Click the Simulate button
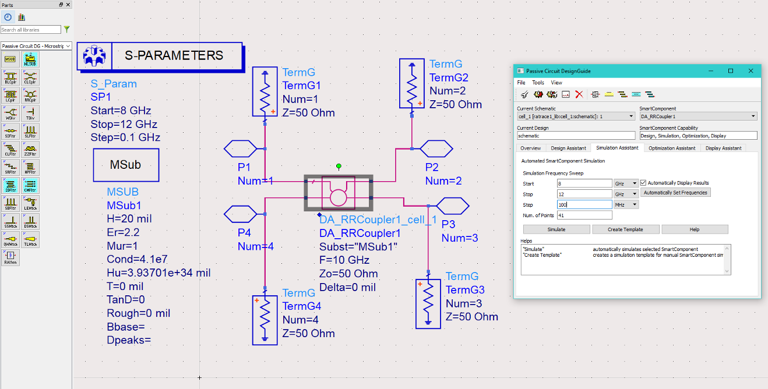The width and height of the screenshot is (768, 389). point(556,229)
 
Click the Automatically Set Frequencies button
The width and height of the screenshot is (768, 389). point(675,193)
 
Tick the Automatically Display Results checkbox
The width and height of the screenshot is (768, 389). point(643,183)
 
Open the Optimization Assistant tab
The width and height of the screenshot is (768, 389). point(672,148)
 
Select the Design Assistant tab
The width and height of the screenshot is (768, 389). point(568,148)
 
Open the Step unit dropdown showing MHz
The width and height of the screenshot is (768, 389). point(626,204)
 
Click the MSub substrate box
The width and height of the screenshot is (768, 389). point(126,165)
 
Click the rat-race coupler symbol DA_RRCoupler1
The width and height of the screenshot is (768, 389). point(338,193)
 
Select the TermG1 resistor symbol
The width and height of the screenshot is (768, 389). point(265,92)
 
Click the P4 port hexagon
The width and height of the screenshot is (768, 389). point(240,214)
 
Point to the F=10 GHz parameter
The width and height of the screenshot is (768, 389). point(344,260)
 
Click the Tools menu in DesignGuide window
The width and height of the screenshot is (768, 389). point(538,83)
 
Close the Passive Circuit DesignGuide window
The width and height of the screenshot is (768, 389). point(752,70)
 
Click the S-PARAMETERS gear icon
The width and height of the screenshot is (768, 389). point(94,56)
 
